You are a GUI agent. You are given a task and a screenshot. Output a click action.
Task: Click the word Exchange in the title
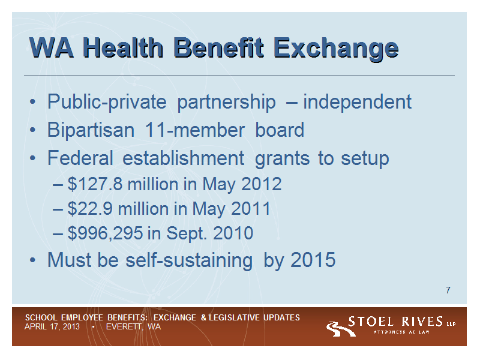tap(336, 49)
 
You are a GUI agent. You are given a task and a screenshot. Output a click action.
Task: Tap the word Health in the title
tap(123, 47)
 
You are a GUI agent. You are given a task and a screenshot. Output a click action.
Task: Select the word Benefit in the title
tap(218, 47)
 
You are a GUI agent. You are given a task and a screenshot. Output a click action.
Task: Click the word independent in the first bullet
tap(357, 102)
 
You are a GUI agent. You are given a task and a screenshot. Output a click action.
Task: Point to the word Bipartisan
tap(91, 130)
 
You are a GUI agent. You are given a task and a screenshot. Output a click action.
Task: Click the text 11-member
tap(194, 130)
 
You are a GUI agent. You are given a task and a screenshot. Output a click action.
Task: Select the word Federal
tap(80, 158)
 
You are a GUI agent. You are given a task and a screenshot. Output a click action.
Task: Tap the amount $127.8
tap(95, 184)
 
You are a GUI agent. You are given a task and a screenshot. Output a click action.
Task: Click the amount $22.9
tap(90, 209)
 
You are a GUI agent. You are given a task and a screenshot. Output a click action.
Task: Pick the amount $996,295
tap(105, 233)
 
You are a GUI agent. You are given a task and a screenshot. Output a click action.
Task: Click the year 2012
tap(262, 184)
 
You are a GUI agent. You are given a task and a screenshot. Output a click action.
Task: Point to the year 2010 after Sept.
tap(233, 233)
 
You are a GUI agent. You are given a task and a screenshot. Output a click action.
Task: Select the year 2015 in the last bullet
tap(313, 260)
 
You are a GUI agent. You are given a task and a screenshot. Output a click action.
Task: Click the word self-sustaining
tap(189, 260)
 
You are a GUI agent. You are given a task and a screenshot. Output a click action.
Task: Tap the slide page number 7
tap(448, 290)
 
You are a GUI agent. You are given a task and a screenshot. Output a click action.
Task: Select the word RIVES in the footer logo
tap(422, 322)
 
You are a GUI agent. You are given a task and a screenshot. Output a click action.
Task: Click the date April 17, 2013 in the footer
tap(52, 326)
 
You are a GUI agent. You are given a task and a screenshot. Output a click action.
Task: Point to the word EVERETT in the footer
tap(124, 326)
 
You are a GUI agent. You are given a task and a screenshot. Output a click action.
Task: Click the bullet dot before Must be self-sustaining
tap(32, 260)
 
